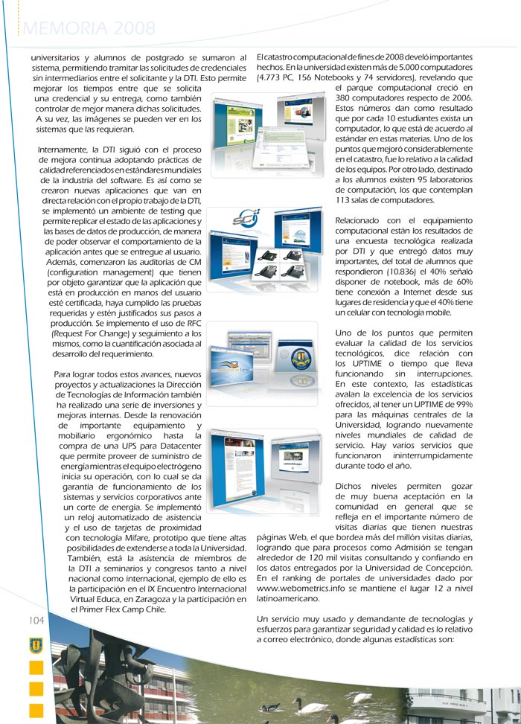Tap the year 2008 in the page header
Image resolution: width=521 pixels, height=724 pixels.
click(x=134, y=29)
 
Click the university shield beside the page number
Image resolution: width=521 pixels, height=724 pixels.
click(x=36, y=644)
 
